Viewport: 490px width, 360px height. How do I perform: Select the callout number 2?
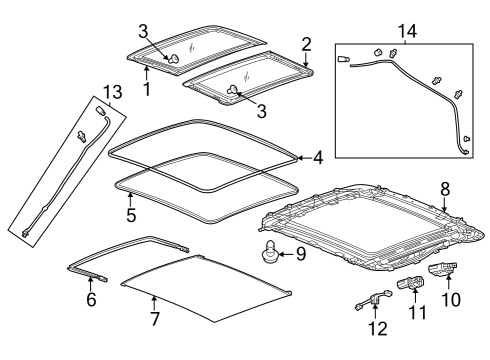pos(307,43)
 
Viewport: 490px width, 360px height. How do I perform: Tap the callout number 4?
pos(317,158)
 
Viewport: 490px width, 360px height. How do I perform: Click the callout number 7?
pos(154,319)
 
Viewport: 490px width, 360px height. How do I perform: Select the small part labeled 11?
pos(410,285)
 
